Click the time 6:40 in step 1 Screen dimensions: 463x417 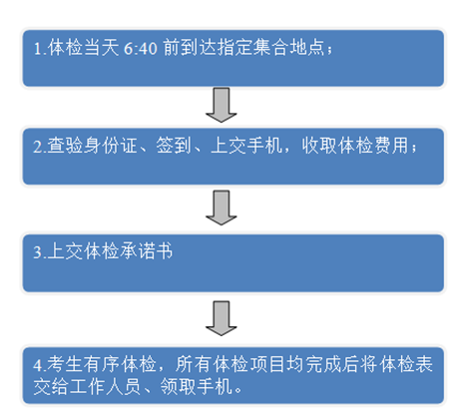coord(140,48)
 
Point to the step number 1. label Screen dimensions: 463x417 coord(40,49)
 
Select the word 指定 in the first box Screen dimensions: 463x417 coord(234,47)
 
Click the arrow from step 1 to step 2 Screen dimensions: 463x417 coord(222,105)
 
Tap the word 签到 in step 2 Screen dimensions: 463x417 coord(174,146)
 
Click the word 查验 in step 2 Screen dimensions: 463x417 coord(65,146)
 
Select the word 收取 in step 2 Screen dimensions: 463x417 coord(319,146)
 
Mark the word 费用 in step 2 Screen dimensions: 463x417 coord(391,146)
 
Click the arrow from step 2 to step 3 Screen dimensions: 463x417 coord(222,208)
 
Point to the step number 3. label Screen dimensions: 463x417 coord(40,252)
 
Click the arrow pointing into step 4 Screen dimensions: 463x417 coord(222,318)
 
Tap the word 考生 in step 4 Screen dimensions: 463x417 coord(65,364)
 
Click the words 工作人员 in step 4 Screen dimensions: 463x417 coord(105,386)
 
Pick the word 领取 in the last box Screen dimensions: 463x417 coord(178,386)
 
